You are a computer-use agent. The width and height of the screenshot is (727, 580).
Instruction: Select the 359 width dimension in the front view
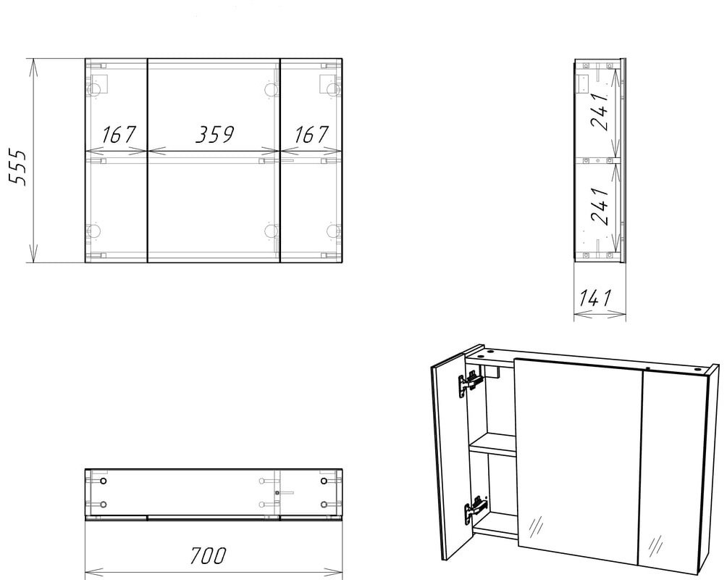(x=214, y=134)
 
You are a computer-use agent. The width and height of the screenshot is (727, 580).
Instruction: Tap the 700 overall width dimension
(x=208, y=555)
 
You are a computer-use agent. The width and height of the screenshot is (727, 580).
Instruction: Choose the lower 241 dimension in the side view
(x=599, y=206)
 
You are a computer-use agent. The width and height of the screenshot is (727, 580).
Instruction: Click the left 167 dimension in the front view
(x=119, y=134)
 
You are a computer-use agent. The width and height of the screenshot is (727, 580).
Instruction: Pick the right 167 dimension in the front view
(x=311, y=134)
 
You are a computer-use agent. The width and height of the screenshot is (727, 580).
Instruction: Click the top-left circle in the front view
(x=93, y=89)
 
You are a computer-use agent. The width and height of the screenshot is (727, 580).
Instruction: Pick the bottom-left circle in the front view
(x=93, y=231)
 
